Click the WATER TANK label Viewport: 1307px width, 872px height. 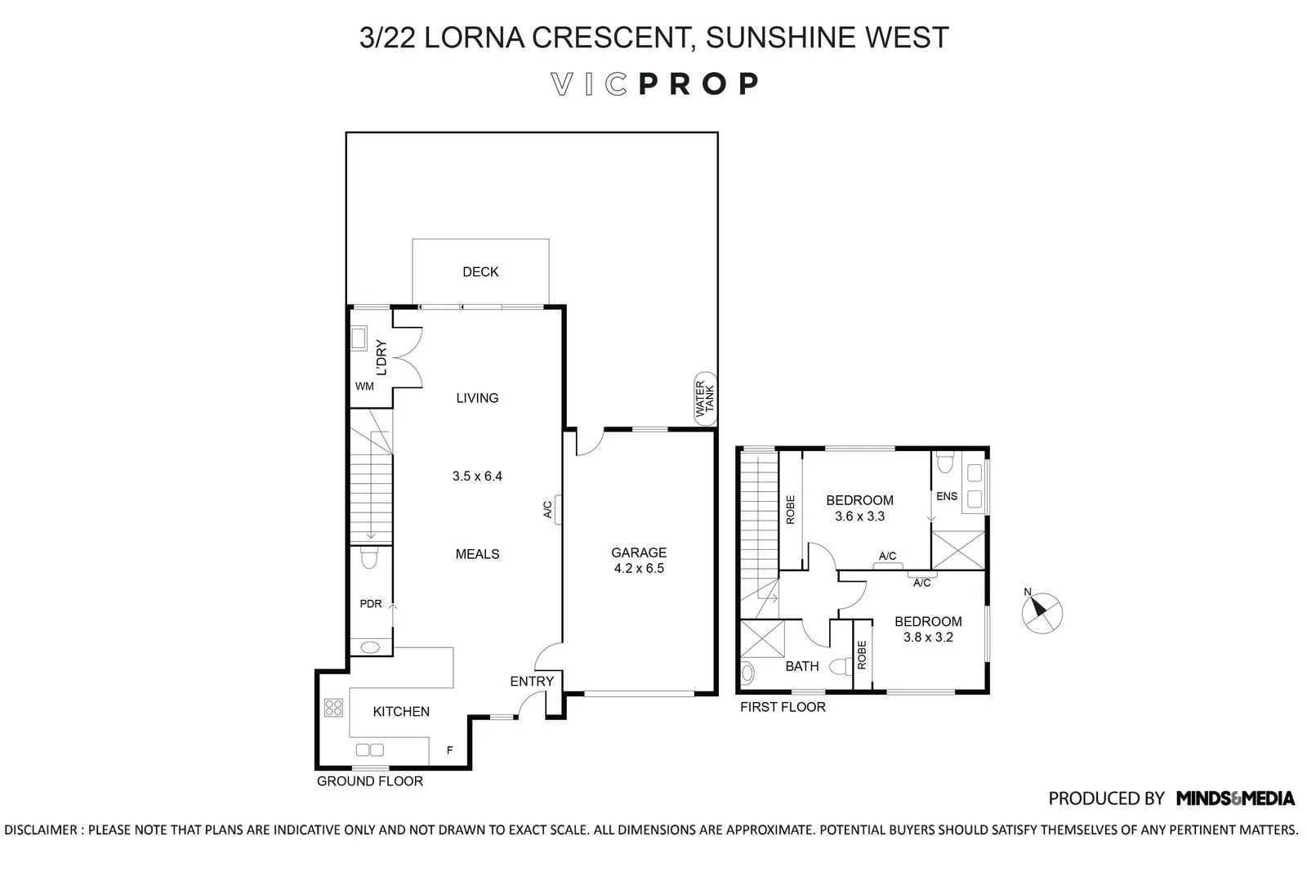[x=704, y=401]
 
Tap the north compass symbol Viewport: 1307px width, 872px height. [x=1042, y=610]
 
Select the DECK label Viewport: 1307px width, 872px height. [x=480, y=272]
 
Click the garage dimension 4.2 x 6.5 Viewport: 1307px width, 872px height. [x=639, y=568]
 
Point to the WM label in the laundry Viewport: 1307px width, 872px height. [x=364, y=387]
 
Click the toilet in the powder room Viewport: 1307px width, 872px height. [x=369, y=559]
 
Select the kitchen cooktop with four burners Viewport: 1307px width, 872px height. [x=333, y=708]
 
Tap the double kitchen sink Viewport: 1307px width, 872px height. [x=370, y=749]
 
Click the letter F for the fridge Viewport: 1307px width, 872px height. [x=449, y=750]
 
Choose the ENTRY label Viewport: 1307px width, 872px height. [x=532, y=682]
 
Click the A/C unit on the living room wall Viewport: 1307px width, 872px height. [x=558, y=509]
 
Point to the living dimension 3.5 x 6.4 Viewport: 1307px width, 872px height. [x=477, y=476]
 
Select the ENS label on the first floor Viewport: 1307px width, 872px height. [x=947, y=496]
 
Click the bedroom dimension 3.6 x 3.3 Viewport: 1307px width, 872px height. [x=859, y=516]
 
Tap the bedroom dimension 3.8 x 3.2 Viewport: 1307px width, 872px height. [x=928, y=637]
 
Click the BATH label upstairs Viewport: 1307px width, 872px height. [x=801, y=666]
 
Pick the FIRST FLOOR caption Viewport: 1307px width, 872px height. [x=783, y=707]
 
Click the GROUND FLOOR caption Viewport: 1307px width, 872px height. [x=369, y=781]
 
